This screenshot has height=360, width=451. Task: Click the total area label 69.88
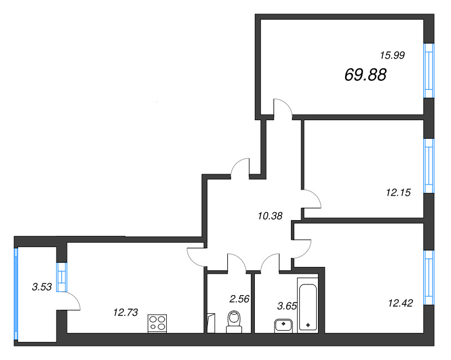(365, 75)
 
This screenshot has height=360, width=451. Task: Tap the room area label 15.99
(392, 55)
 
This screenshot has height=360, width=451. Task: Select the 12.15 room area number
(399, 192)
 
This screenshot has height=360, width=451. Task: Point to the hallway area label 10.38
(270, 216)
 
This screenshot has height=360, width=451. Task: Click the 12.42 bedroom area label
(400, 303)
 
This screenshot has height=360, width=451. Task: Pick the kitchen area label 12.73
(125, 312)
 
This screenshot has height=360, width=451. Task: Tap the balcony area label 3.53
(42, 287)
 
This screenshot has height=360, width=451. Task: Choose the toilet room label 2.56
(239, 299)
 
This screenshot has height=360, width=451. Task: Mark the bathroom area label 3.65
(287, 306)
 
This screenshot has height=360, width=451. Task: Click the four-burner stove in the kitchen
(157, 323)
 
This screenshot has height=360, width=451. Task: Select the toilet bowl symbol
(234, 322)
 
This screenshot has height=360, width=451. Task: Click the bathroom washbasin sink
(284, 326)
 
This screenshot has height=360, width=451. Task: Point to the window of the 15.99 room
(429, 71)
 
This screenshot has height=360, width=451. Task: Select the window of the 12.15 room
(429, 166)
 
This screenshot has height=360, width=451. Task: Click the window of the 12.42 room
(429, 278)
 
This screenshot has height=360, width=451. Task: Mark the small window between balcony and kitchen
(62, 277)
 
